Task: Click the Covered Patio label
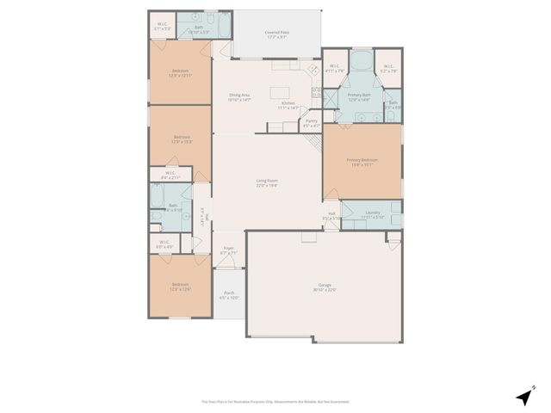pos(276,35)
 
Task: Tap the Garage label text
pos(324,288)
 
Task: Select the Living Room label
pos(266,183)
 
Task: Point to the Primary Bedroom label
pos(362,162)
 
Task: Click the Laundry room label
pos(372,214)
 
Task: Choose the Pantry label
pos(312,123)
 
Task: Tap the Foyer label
pos(228,250)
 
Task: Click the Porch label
pos(229,295)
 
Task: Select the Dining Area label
pos(238,97)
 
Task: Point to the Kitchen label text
pos(287,106)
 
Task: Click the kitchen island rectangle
pos(280,92)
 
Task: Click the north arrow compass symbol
pos(523,396)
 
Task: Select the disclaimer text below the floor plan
pos(275,401)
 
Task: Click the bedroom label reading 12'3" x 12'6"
pos(180,287)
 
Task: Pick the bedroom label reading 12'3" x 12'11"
pos(180,73)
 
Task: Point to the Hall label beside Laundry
pos(331,216)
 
